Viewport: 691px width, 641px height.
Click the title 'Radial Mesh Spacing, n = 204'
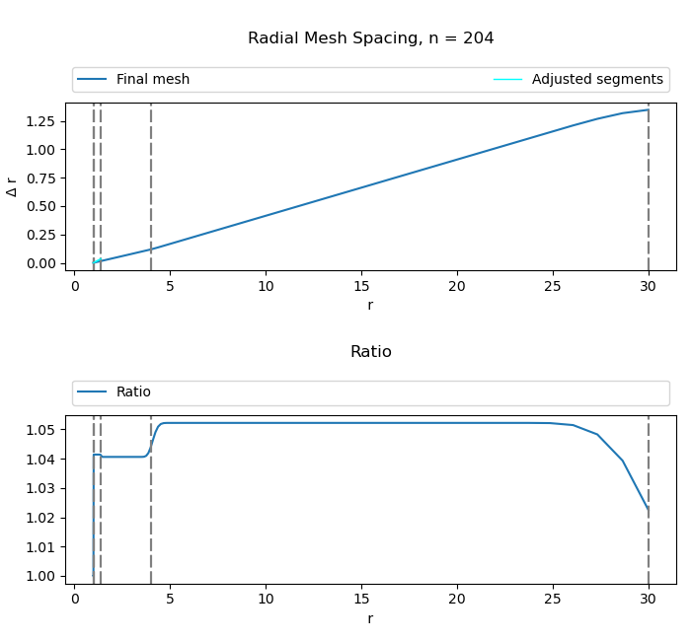[370, 38]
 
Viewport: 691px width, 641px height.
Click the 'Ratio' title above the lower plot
[370, 352]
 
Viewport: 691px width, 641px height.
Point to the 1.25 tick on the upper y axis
[43, 120]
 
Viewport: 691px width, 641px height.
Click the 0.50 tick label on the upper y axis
[43, 206]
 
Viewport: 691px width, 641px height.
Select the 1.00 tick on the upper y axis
[43, 149]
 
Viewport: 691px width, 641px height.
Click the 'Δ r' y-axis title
[12, 186]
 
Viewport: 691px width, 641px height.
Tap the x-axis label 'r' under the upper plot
[370, 306]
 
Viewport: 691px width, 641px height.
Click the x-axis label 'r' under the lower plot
[370, 618]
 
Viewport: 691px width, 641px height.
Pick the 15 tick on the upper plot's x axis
[361, 286]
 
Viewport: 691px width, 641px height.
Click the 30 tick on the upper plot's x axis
[649, 286]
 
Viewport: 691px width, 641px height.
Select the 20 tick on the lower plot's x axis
[457, 599]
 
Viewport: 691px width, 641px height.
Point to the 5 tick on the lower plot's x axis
[170, 599]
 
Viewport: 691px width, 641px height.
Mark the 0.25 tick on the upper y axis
[43, 235]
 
